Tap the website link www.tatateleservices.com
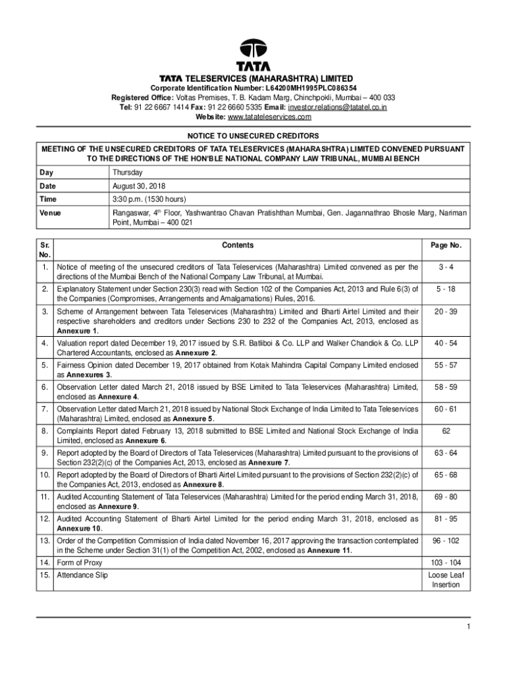point(269,117)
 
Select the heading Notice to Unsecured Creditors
point(254,136)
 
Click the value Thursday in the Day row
point(128,173)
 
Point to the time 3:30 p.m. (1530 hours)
point(149,199)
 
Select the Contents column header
point(238,245)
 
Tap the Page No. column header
point(446,245)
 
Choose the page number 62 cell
point(446,432)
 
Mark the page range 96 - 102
point(446,541)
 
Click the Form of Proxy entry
point(80,563)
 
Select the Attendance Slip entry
point(82,575)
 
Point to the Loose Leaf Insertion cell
point(446,580)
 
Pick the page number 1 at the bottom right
point(467,627)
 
